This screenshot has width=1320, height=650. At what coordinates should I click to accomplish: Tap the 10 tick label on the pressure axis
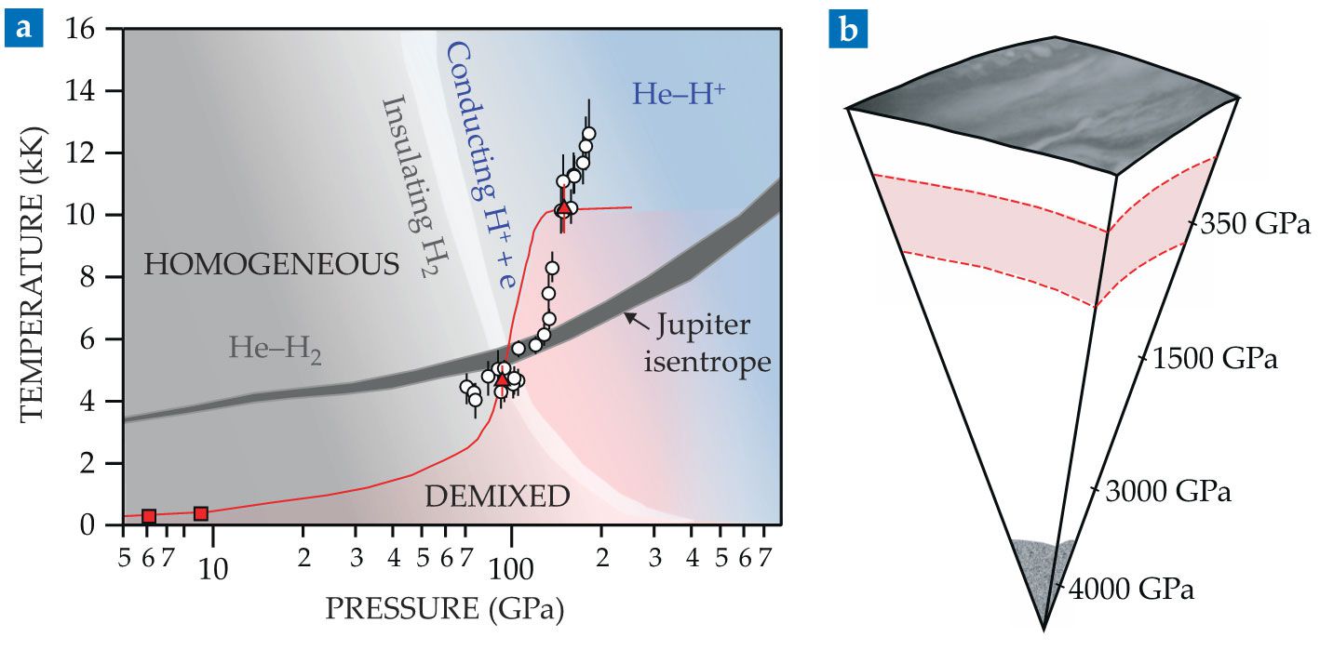click(213, 566)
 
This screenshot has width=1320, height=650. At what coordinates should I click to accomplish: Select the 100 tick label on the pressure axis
click(510, 566)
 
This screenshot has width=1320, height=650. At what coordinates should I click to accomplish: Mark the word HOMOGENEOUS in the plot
click(272, 266)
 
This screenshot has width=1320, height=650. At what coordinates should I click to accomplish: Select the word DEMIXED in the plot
click(497, 497)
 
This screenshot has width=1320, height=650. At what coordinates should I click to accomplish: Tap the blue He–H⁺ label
click(680, 93)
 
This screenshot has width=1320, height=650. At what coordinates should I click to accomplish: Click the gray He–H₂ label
click(276, 351)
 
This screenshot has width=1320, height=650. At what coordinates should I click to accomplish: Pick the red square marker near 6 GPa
click(148, 516)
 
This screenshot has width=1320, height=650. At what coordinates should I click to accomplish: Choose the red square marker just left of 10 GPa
click(200, 513)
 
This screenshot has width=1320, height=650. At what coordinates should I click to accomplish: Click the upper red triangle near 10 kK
click(563, 206)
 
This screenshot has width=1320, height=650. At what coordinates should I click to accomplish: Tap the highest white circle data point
click(588, 133)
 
